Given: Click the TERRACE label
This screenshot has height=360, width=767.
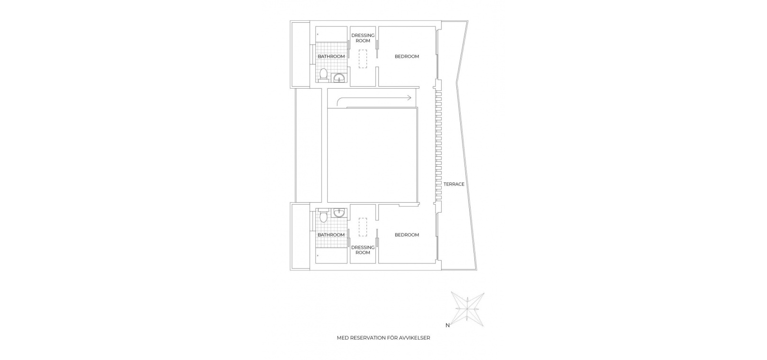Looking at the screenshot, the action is (x=454, y=184).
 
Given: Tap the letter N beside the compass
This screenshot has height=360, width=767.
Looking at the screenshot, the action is (x=447, y=325).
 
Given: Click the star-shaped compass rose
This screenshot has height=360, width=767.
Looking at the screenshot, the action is (x=468, y=309).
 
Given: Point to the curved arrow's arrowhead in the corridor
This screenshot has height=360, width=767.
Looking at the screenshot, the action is (x=409, y=98).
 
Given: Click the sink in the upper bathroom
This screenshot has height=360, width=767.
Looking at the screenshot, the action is (x=339, y=79).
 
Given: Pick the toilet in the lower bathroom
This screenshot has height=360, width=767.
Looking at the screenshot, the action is (x=323, y=216).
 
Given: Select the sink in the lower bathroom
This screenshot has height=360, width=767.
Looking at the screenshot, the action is (x=339, y=213).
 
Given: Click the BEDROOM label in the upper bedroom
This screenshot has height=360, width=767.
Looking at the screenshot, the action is (x=407, y=56).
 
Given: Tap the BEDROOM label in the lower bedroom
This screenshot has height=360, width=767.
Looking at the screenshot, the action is (x=407, y=235).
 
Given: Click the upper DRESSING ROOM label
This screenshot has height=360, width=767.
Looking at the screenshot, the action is (x=363, y=38).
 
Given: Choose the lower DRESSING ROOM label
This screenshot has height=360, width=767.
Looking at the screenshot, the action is (x=363, y=250).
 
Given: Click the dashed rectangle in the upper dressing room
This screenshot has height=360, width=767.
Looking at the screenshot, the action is (x=363, y=59).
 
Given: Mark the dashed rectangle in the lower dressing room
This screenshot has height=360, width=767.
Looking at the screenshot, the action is (x=363, y=227).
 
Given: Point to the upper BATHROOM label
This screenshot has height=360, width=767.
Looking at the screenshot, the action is (x=331, y=56).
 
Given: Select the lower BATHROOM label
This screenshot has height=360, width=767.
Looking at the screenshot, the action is (x=331, y=235).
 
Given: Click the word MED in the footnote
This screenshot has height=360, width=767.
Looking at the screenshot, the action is (x=341, y=347).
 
